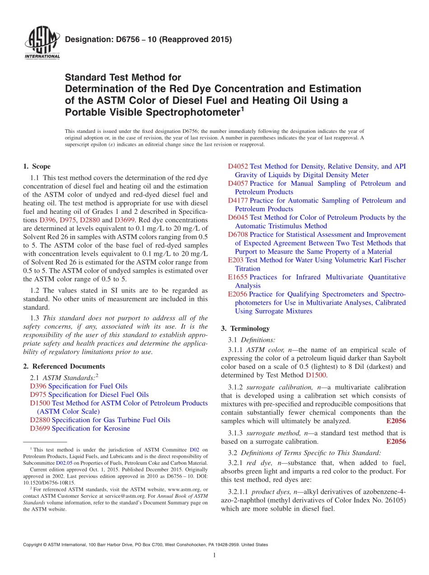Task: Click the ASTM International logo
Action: coord(42,43)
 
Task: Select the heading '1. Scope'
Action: coord(37,166)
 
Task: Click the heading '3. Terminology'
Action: coord(245,328)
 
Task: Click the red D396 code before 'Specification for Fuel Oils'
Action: coord(38,386)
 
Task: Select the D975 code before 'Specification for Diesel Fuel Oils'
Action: coord(38,395)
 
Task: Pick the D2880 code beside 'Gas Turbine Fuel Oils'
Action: coord(40,420)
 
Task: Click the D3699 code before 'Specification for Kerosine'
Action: coord(40,429)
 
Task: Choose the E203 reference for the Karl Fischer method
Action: coord(236,260)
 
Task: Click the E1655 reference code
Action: coord(238,277)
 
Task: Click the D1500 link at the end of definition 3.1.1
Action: coord(316,375)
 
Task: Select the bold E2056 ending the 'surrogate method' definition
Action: coord(396,442)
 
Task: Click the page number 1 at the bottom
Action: coord(214,556)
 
